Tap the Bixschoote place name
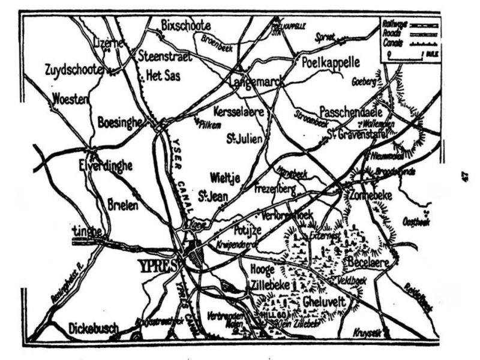pos(186,25)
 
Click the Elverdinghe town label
pos(106,166)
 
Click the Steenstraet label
pos(165,57)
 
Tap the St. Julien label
pos(244,139)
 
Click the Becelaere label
pos(368,263)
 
